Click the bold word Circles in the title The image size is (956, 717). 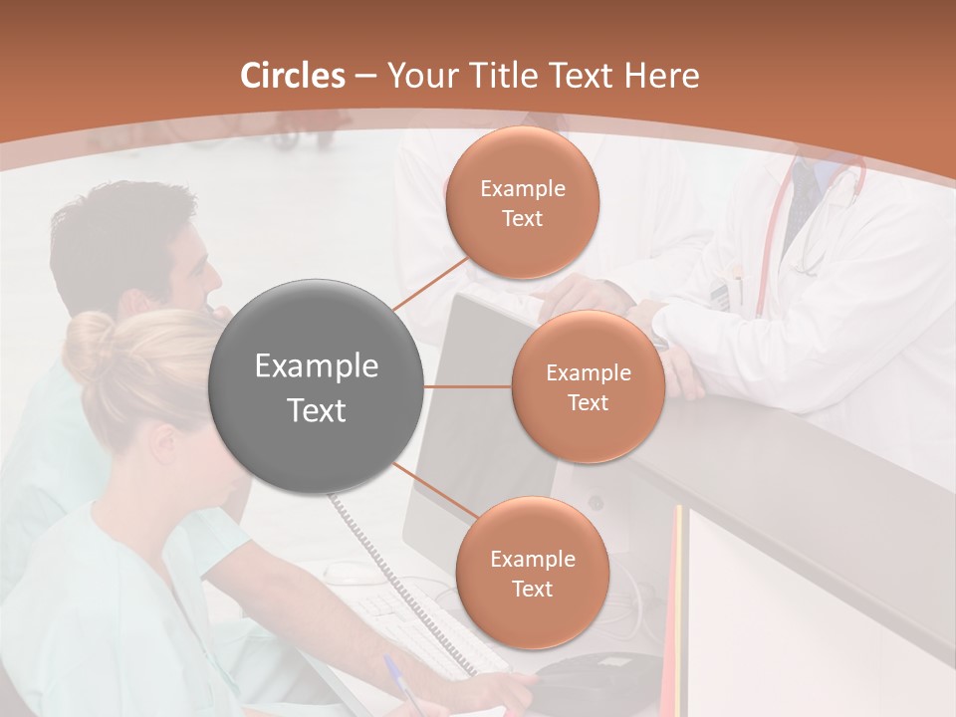pos(292,76)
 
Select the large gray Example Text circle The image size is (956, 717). pos(317,386)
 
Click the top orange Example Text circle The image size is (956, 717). pos(522,202)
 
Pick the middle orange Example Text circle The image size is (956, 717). pos(588,386)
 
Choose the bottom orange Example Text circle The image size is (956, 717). pos(532,573)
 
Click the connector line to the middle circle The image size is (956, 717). pos(468,386)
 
